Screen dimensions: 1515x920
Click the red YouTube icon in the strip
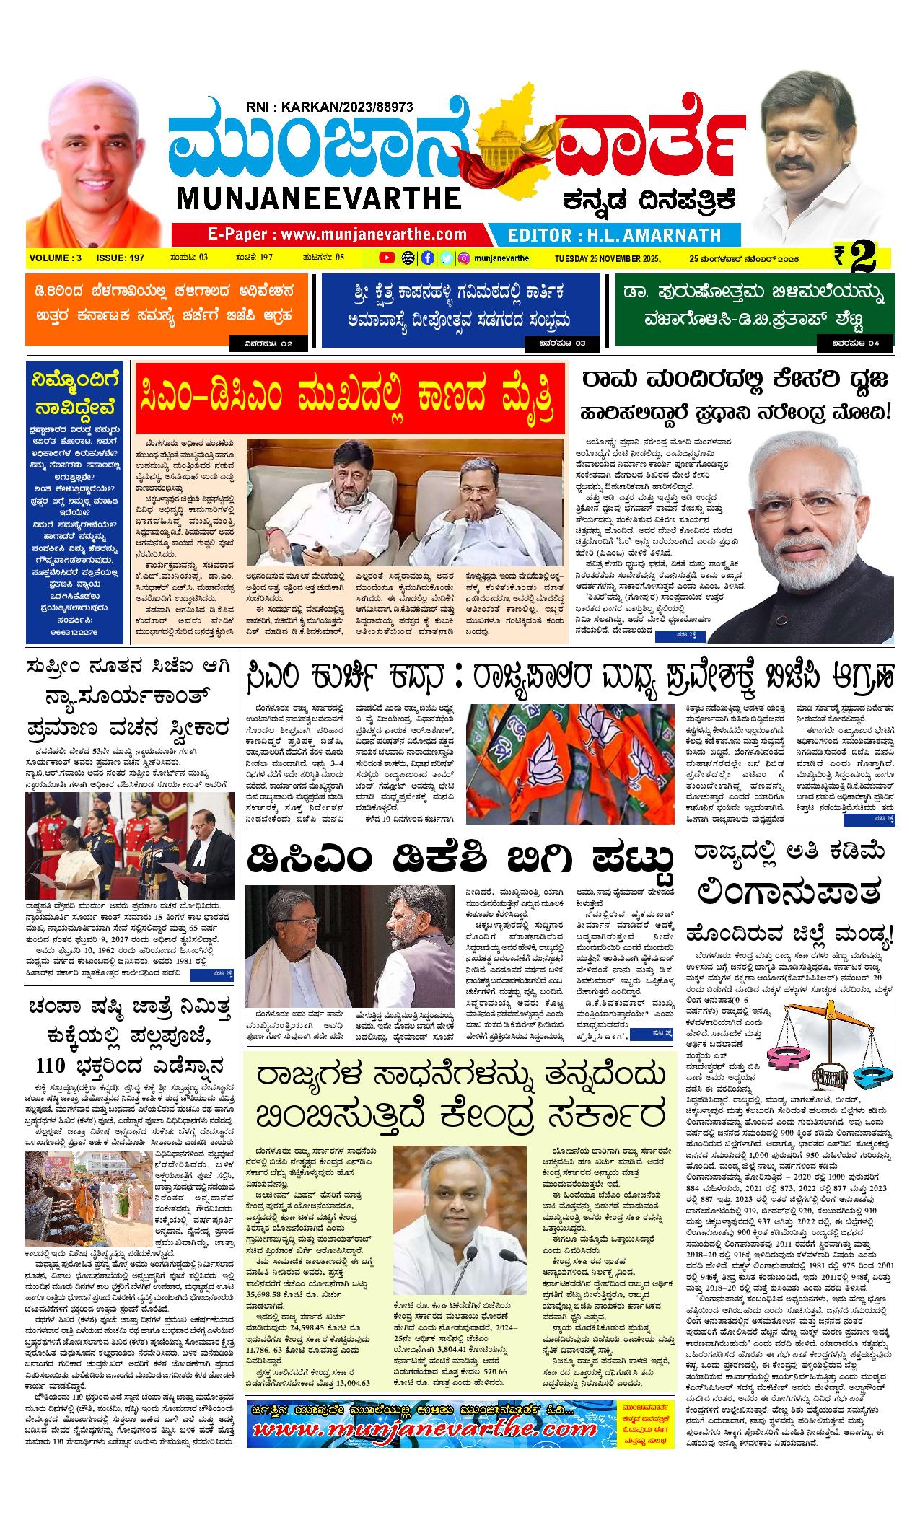click(x=387, y=258)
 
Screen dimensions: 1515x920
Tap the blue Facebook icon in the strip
click(x=428, y=258)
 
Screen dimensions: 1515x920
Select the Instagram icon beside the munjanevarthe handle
click(x=465, y=258)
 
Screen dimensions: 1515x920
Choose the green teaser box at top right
click(x=753, y=311)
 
